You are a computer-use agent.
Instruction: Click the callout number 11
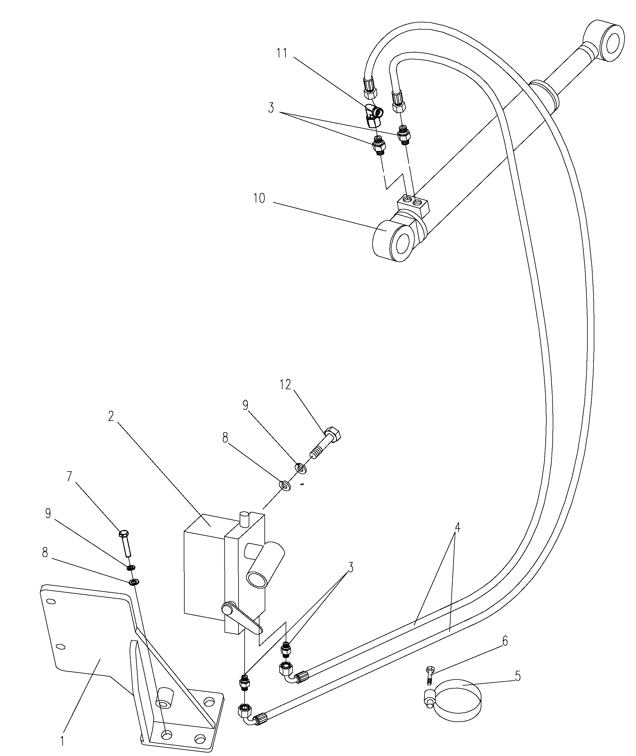pyautogui.click(x=282, y=53)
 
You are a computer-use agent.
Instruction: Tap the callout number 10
pyautogui.click(x=259, y=198)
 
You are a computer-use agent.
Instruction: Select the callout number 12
pyautogui.click(x=285, y=385)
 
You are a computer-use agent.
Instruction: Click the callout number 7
pyautogui.click(x=69, y=477)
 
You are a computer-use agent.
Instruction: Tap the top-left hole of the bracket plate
pyautogui.click(x=51, y=601)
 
